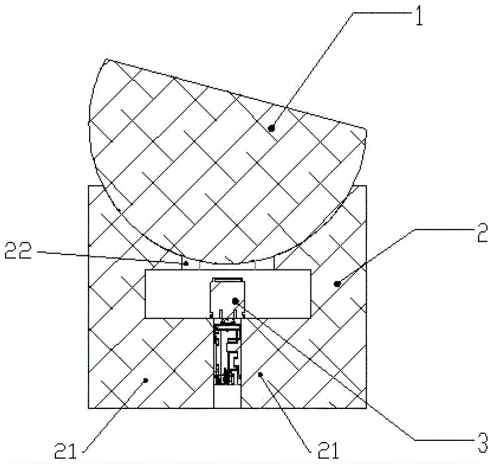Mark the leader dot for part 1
tap(271, 128)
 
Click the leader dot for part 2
tap(338, 283)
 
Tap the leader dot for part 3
tap(236, 300)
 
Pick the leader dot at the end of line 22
tap(186, 264)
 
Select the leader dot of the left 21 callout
tap(145, 379)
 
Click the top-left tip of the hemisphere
tap(106, 60)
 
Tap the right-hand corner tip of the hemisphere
tap(366, 129)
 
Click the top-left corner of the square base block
tap(88, 186)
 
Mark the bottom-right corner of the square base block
tap(367, 408)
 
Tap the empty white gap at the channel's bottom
tap(227, 398)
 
